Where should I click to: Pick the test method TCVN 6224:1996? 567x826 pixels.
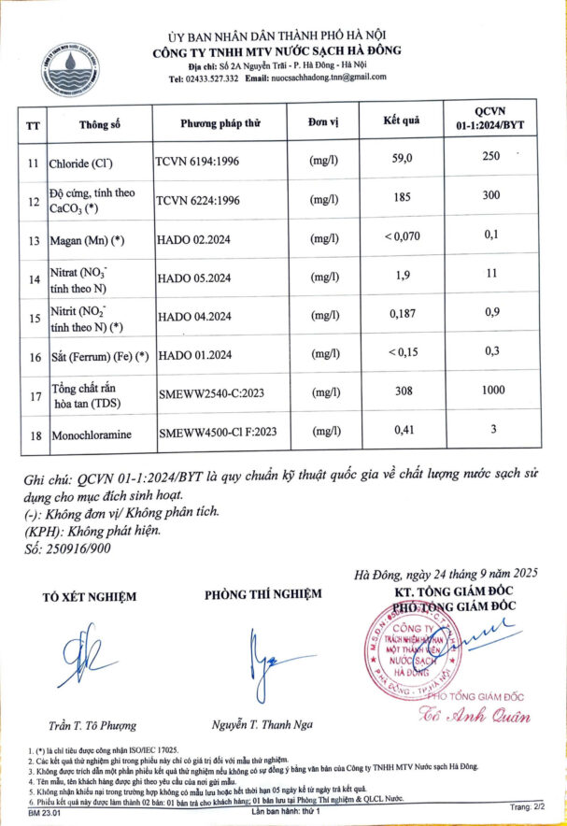198,200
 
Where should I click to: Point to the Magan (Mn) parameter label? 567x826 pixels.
89,240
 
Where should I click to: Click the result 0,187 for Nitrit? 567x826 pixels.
403,317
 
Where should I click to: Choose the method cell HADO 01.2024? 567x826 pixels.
194,356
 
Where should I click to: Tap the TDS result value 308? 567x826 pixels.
403,392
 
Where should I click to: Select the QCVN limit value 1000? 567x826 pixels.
492,392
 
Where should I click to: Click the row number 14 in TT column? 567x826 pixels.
33,278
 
